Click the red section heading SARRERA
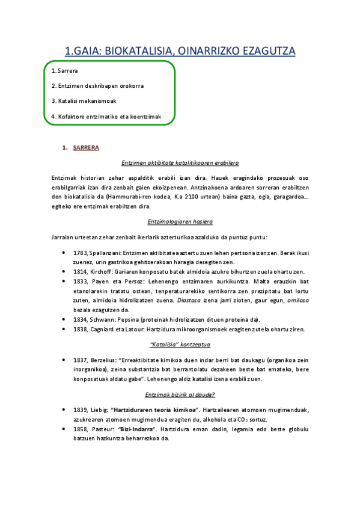point(86,147)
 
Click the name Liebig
point(101,410)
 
